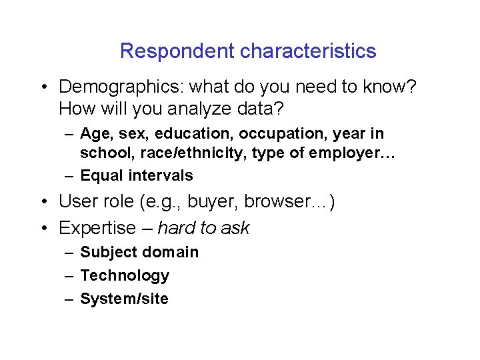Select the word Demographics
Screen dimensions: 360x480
(115, 87)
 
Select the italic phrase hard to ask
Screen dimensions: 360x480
(203, 228)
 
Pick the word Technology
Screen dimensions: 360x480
(125, 275)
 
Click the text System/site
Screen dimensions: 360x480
(124, 299)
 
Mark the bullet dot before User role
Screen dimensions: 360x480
(44, 202)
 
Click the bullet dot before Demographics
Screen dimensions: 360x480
(44, 87)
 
